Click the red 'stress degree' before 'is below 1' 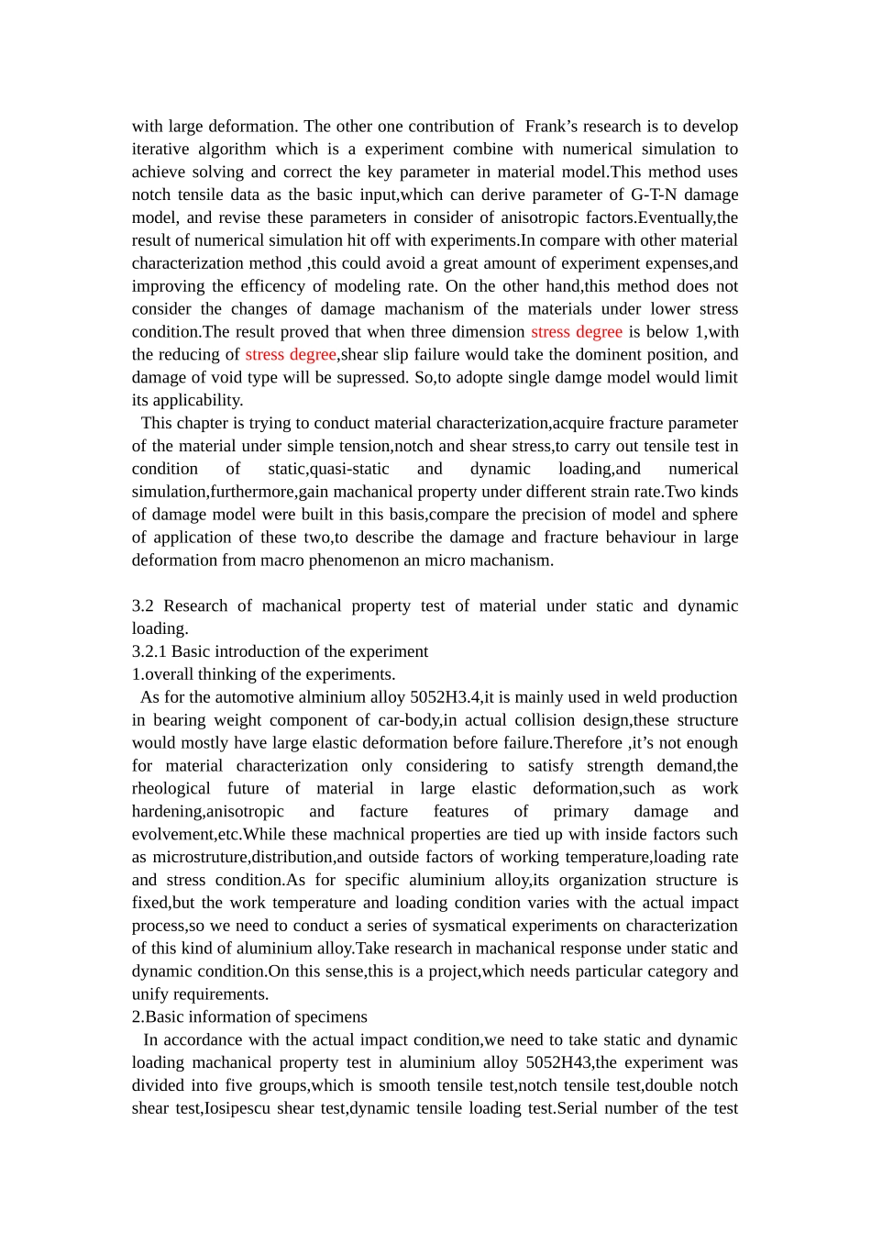[577, 332]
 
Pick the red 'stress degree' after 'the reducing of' [291, 355]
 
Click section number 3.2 [143, 606]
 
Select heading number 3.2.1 [149, 651]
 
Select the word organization [598, 881]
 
